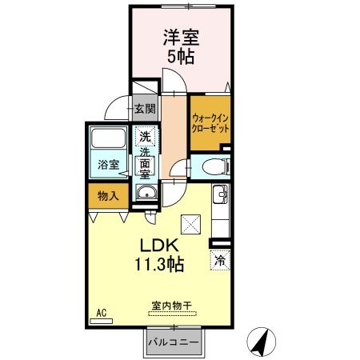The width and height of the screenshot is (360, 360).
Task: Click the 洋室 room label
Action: coord(181,38)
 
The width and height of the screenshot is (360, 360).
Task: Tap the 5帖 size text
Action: coord(181,57)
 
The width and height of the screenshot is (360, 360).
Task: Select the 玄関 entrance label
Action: coord(145,109)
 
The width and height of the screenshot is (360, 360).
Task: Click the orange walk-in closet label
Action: coord(210,122)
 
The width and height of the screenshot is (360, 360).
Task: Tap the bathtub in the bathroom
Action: coord(109,138)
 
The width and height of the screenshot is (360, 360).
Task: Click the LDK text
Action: coord(159,244)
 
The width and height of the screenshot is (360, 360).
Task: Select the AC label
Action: coord(102,312)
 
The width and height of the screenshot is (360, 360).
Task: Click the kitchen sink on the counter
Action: coord(220,194)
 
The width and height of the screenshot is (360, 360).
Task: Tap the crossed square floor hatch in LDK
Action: coord(190,225)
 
